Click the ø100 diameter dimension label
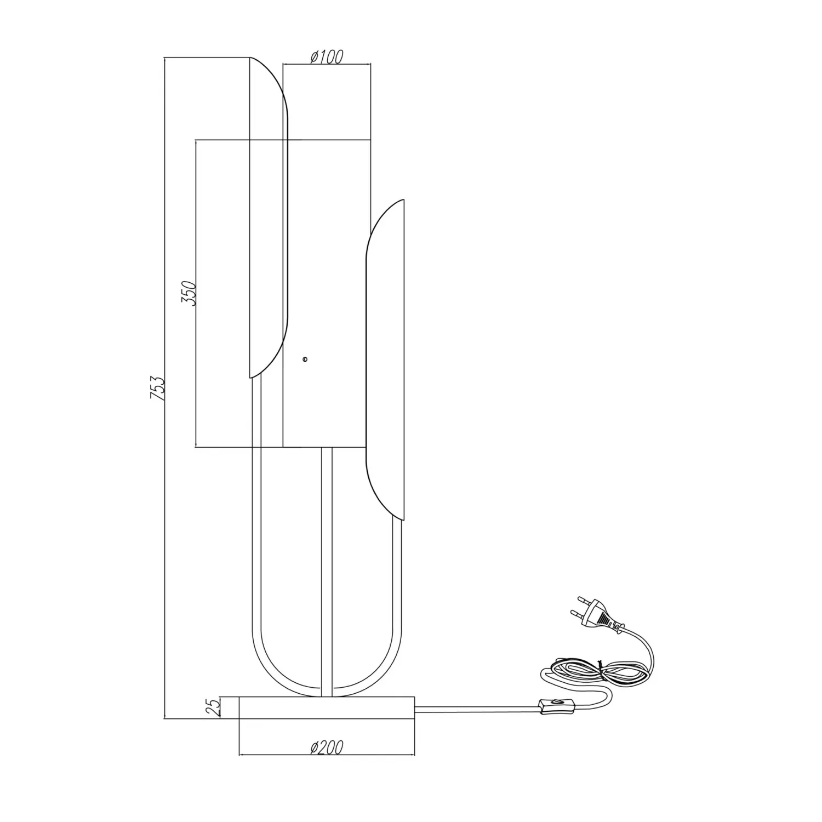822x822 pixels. [327, 56]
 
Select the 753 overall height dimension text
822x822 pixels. [157, 389]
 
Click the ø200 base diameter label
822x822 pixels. [327, 747]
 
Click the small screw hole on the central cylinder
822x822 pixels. [305, 359]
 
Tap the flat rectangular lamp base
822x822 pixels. [327, 707]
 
